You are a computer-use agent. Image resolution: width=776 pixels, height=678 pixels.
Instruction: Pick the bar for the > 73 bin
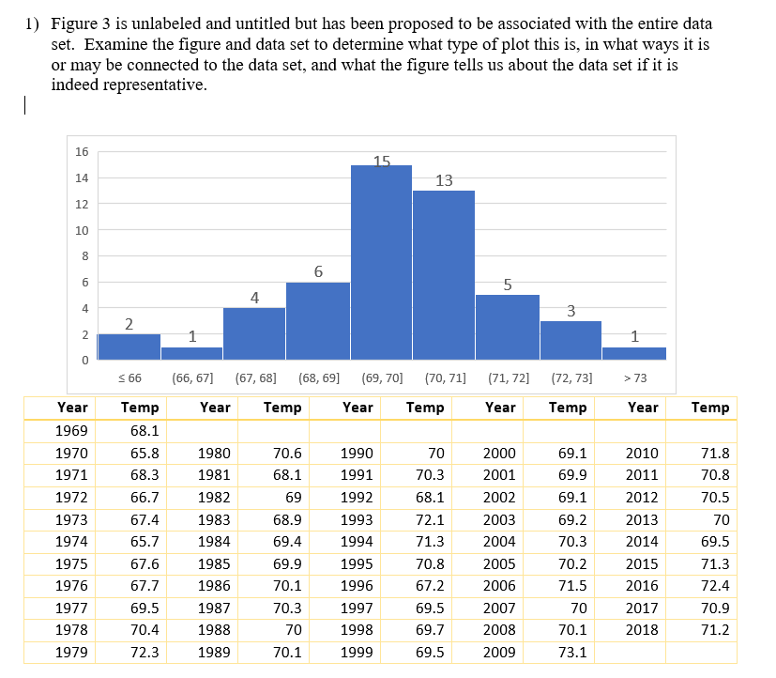click(634, 353)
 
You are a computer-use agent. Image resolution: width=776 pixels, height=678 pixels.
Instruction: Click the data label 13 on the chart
click(444, 180)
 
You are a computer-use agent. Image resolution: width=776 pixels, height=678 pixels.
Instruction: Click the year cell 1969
click(72, 430)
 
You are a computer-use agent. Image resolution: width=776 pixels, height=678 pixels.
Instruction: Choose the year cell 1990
click(358, 453)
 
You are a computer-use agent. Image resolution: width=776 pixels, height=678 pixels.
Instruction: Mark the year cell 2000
click(499, 453)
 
